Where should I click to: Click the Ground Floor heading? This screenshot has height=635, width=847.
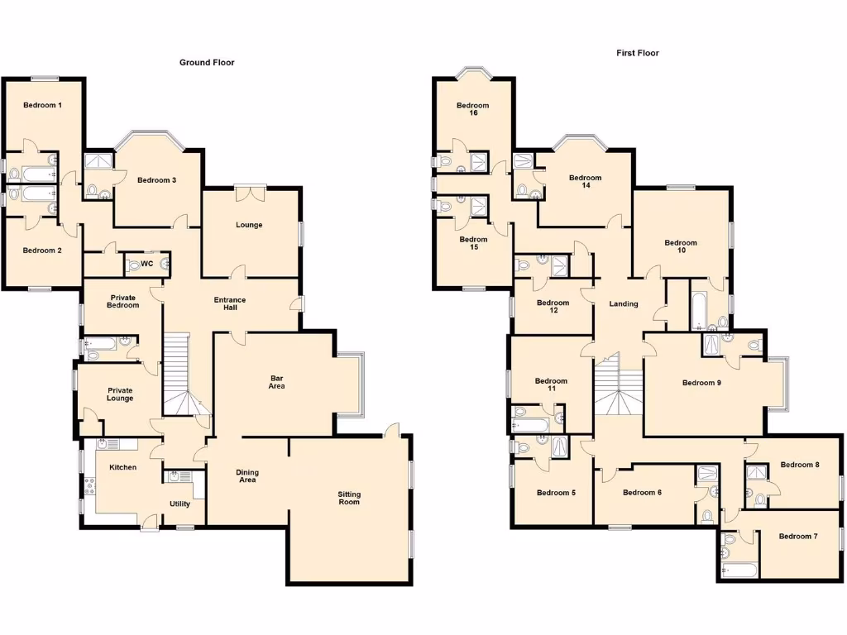[207, 63]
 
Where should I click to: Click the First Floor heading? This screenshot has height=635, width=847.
[637, 53]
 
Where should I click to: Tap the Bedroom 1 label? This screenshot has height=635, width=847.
[42, 105]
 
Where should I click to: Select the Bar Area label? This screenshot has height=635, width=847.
[276, 382]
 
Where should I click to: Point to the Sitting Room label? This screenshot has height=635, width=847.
[349, 498]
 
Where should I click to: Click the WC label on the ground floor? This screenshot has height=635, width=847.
[146, 265]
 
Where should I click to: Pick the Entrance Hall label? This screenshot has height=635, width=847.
[230, 304]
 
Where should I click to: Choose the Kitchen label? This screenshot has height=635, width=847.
[123, 467]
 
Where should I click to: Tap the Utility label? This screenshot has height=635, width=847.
[179, 504]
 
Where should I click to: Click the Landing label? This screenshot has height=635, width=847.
[623, 304]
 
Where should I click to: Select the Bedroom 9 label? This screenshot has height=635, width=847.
[701, 383]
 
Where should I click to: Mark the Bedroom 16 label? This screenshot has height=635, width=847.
[472, 109]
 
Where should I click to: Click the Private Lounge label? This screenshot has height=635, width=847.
[120, 394]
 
